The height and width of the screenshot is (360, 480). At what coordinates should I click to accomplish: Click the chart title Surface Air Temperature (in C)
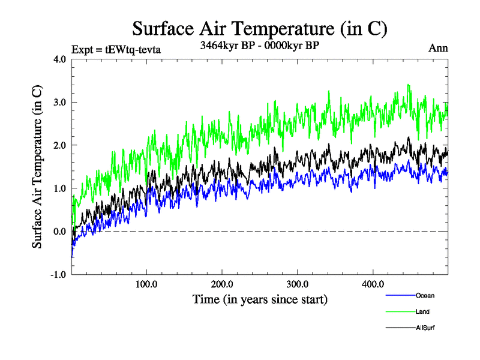tap(260, 28)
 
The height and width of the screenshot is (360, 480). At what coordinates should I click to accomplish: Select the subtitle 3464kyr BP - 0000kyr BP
tap(259, 46)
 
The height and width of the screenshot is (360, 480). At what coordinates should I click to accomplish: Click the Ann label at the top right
tap(438, 49)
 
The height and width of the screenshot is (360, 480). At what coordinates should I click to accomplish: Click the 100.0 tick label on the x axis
tap(147, 284)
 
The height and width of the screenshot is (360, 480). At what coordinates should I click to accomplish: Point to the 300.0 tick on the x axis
tap(298, 284)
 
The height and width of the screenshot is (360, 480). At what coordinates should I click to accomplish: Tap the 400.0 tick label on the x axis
tap(373, 284)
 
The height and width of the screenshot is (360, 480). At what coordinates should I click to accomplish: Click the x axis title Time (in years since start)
tap(260, 298)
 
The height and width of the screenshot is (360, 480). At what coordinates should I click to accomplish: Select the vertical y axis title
tap(37, 166)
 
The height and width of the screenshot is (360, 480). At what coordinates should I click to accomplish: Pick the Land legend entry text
tap(422, 311)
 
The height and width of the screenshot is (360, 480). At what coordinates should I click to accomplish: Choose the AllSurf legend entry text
tap(424, 328)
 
